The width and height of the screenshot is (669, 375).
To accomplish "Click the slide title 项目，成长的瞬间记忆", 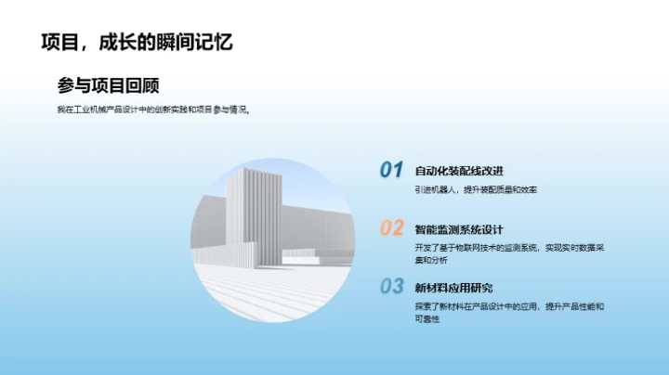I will pyautogui.click(x=136, y=43).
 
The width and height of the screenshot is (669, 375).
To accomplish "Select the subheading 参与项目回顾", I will pyautogui.click(x=108, y=85).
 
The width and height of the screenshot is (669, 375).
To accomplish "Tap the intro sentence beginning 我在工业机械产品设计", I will pyautogui.click(x=153, y=109).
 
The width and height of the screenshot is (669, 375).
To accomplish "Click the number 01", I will pyautogui.click(x=391, y=170).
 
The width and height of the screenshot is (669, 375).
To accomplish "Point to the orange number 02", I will pyautogui.click(x=391, y=228).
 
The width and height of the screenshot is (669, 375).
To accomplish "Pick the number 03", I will pyautogui.click(x=391, y=287).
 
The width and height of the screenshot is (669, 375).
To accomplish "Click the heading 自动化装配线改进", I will pyautogui.click(x=459, y=171).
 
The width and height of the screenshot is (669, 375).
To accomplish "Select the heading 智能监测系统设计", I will pyautogui.click(x=459, y=229).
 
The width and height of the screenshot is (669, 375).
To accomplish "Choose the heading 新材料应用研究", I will pyautogui.click(x=453, y=288).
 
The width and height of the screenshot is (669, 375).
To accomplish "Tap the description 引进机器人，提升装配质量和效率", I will pyautogui.click(x=476, y=189).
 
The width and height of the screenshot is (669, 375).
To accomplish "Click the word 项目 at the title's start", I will pyautogui.click(x=59, y=43).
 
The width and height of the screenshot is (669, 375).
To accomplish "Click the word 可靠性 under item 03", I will pyautogui.click(x=427, y=318).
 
